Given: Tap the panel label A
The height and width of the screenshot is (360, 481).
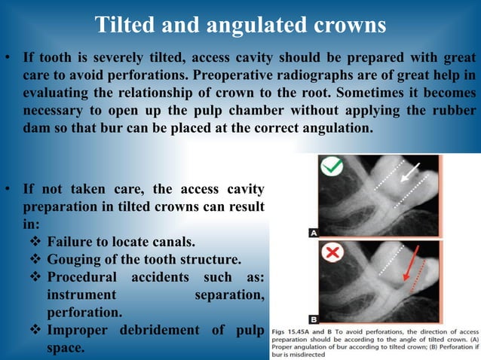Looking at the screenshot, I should coord(313,233).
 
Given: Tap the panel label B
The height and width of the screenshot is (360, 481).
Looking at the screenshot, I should coord(313,319).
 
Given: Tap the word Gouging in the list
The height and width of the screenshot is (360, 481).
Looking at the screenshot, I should coord(76,260).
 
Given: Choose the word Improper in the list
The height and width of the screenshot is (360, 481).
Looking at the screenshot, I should coord(78,330).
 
